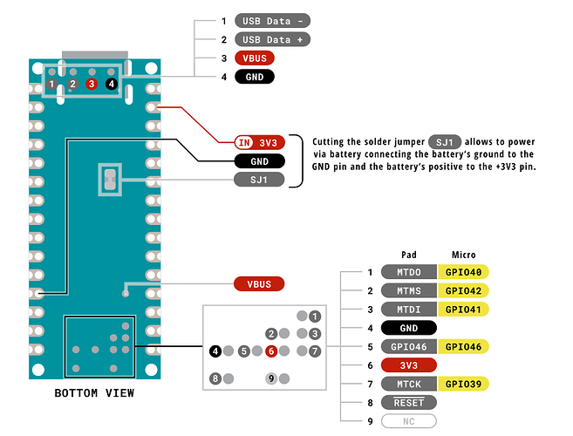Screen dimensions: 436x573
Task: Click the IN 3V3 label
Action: (259, 142)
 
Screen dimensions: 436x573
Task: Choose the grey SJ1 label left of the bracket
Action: (259, 180)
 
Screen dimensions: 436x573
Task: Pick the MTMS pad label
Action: (408, 290)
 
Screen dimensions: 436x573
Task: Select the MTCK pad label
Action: (408, 383)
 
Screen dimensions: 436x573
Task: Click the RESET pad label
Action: (408, 402)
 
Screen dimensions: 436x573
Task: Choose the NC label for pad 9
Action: (408, 420)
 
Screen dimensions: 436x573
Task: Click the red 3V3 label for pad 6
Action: (408, 364)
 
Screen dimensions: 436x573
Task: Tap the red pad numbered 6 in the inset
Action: (272, 351)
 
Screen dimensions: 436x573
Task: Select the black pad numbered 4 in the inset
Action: (215, 351)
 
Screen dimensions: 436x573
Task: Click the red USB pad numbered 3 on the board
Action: (92, 84)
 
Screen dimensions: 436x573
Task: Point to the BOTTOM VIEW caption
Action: (94, 393)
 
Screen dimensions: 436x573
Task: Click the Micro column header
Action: (463, 255)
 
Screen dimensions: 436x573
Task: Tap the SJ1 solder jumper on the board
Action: (111, 180)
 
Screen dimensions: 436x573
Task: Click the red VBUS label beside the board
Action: (259, 284)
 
